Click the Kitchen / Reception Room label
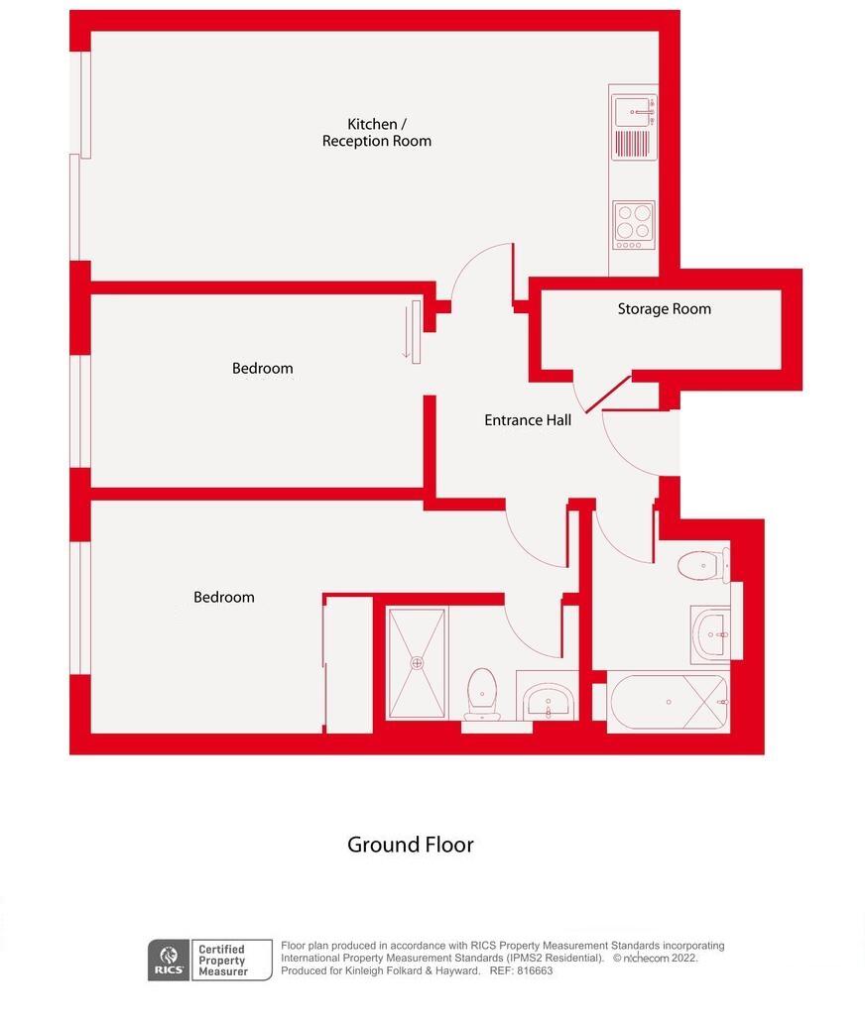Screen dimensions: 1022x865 pyautogui.click(x=376, y=133)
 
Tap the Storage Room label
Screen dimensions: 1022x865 pyautogui.click(x=664, y=308)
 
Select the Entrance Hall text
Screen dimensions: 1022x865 pyautogui.click(x=527, y=420)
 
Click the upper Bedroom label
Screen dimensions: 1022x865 pyautogui.click(x=262, y=369)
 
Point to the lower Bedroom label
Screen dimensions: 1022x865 pyautogui.click(x=223, y=597)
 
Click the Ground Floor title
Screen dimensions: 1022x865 pyautogui.click(x=410, y=845)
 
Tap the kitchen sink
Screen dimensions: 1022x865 pyautogui.click(x=632, y=110)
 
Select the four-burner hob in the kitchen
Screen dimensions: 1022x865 pyautogui.click(x=632, y=223)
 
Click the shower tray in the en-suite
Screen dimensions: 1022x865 pyautogui.click(x=418, y=662)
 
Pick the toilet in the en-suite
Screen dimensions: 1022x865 pyautogui.click(x=481, y=692)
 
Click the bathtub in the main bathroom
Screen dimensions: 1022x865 pyautogui.click(x=668, y=702)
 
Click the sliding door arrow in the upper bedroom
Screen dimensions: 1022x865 pyautogui.click(x=406, y=333)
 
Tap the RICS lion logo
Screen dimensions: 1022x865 pyautogui.click(x=167, y=960)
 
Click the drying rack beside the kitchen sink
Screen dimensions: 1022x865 pyautogui.click(x=632, y=144)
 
